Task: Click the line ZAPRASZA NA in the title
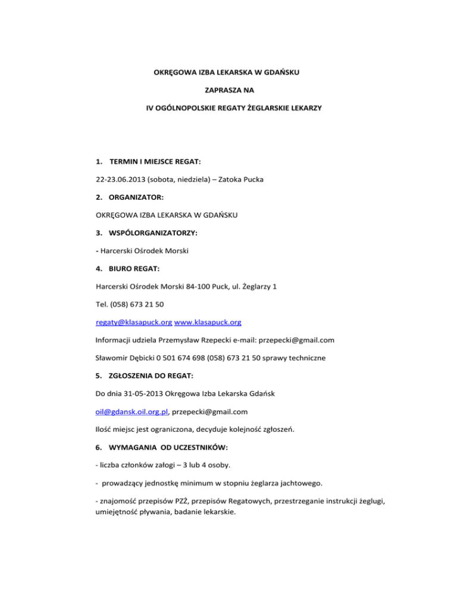[x=228, y=91]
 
